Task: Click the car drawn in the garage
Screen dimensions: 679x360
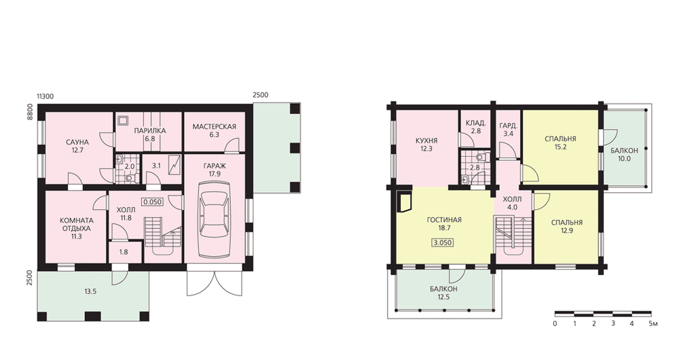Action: point(215,219)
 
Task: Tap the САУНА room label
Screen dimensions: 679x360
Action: point(77,142)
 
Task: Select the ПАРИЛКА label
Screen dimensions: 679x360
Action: point(150,130)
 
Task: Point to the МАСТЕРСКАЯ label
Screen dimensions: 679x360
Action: point(215,126)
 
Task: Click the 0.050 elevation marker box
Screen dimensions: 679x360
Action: point(152,202)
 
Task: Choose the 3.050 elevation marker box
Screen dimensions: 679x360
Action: point(443,242)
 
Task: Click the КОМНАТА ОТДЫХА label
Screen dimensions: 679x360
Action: point(76,224)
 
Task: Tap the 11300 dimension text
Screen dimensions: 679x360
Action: point(45,96)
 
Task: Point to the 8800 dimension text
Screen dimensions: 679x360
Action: point(30,112)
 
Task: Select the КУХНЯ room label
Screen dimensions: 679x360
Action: point(426,141)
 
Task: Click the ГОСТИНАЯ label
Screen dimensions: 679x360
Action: point(444,219)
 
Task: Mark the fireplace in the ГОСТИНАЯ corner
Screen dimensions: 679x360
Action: point(405,202)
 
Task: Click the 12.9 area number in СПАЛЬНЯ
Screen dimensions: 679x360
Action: point(567,231)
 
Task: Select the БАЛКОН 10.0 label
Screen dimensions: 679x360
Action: point(625,155)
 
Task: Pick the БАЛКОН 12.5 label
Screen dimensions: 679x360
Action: point(444,293)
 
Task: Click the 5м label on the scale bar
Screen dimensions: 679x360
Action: point(654,323)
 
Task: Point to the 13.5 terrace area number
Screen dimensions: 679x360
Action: point(90,291)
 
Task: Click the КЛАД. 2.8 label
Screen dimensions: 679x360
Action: point(475,127)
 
